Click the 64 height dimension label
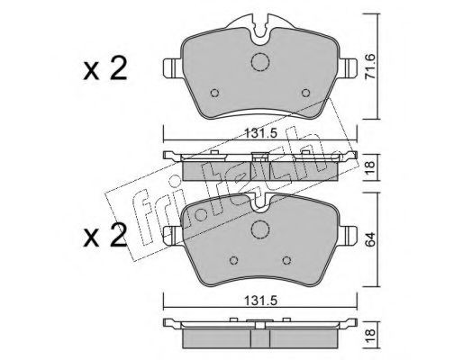tap(371, 238)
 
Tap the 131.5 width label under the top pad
tap(260, 133)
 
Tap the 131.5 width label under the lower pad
tap(260, 301)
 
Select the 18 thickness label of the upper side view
tap(371, 167)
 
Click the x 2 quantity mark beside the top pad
tap(104, 69)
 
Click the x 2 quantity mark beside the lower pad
tap(104, 236)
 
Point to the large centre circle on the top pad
tap(260, 62)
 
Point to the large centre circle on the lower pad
tap(260, 229)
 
